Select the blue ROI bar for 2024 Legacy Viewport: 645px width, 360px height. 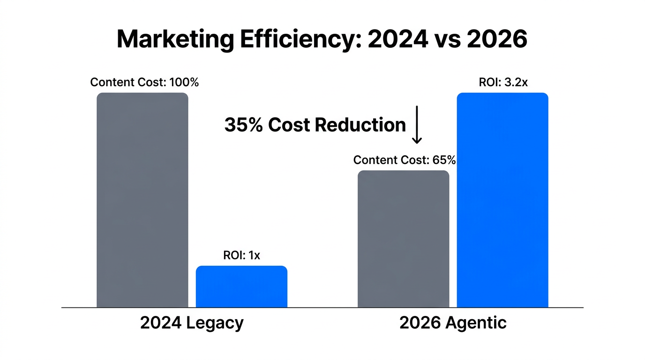[241, 286]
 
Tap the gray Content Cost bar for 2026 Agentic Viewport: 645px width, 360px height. [403, 239]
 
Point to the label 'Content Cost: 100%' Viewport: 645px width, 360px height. [144, 82]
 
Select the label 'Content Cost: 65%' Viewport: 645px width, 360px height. [404, 160]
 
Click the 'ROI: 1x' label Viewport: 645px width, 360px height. [241, 255]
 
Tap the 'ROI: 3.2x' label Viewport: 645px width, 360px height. [503, 82]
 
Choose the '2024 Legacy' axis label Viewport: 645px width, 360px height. [192, 323]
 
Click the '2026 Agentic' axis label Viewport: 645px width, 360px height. [453, 323]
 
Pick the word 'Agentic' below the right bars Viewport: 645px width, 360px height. [477, 323]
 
